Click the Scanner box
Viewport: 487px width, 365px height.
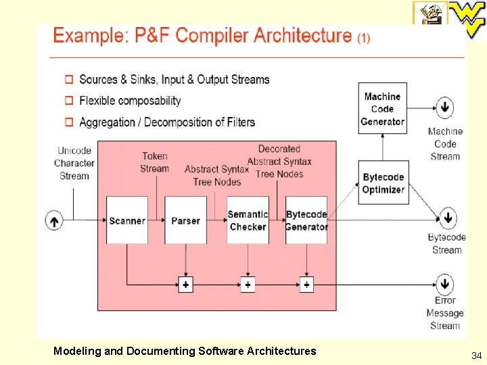[x=127, y=220]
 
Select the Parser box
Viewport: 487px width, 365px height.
[x=185, y=220]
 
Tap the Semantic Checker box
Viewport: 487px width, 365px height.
[x=248, y=220]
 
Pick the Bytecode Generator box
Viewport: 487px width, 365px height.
[x=306, y=220]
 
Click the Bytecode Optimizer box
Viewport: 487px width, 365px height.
[x=383, y=183]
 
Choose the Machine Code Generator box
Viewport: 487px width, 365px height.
[x=382, y=109]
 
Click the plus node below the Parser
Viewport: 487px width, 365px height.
[x=185, y=285]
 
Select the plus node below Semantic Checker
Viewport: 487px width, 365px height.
[x=248, y=285]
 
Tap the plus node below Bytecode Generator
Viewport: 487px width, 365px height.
[x=306, y=285]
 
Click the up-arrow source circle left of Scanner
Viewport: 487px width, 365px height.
[x=54, y=220]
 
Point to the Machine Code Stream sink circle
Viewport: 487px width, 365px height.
[x=444, y=107]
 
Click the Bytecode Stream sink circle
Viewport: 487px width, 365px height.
[x=447, y=218]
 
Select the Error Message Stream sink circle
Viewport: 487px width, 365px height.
[x=444, y=284]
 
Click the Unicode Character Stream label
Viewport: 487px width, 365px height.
[x=74, y=163]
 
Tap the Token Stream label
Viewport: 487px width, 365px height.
[x=154, y=162]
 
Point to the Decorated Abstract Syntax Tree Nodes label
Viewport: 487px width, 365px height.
[x=279, y=161]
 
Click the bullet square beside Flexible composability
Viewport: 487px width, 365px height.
[x=69, y=101]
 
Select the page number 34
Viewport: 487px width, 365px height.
[x=476, y=355]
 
